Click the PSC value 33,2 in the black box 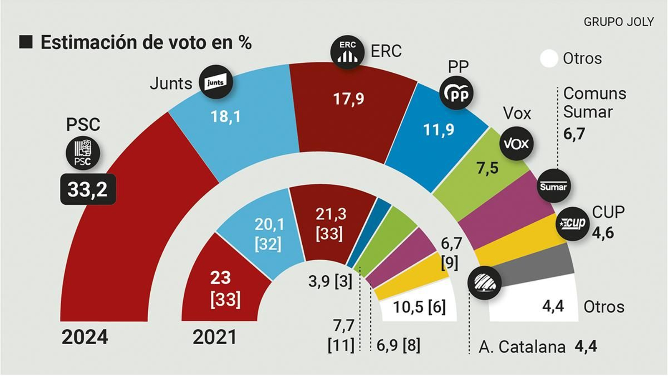tap(88, 190)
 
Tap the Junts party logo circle tap(215, 82)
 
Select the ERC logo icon tap(347, 52)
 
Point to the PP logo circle tap(457, 93)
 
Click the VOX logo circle tap(516, 144)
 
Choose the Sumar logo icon tap(554, 186)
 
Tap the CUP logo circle tap(573, 224)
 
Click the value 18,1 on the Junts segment tap(225, 117)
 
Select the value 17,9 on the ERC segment tap(348, 99)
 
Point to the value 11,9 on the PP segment tap(438, 130)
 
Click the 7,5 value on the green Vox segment tap(487, 168)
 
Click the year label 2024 tap(85, 337)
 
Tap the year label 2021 tap(215, 337)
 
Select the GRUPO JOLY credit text tap(618, 22)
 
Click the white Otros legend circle tap(549, 58)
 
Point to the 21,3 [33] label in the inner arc tap(330, 224)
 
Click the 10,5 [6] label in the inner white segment tap(419, 307)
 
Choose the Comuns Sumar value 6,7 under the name tap(574, 134)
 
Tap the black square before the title tap(26, 42)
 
